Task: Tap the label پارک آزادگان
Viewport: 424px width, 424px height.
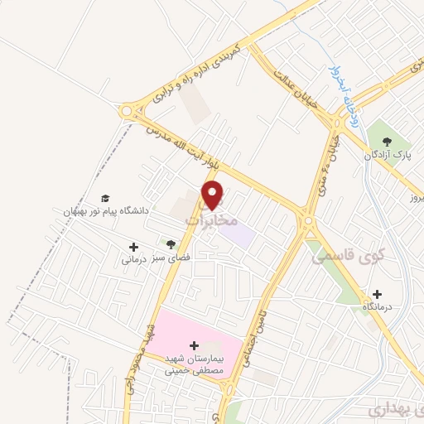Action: coord(391,155)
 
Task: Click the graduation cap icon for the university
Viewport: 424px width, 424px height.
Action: coord(105,198)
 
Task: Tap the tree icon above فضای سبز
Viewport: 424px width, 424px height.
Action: coord(171,243)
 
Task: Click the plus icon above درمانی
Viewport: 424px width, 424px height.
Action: coord(133,246)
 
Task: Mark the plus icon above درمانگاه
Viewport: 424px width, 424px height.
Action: coord(378,293)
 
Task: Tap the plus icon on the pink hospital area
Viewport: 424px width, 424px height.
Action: coord(195,344)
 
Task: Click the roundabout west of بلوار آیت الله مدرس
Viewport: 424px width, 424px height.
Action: coord(128,110)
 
